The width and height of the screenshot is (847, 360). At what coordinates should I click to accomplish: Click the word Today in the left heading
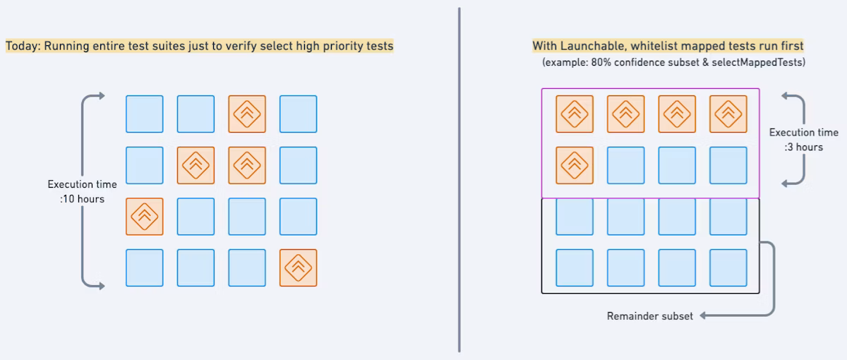tap(22, 46)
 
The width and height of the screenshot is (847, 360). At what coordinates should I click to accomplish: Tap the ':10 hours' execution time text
tap(83, 199)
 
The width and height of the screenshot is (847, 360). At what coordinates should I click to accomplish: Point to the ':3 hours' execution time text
tap(803, 147)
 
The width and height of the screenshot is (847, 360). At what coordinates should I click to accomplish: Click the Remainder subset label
tap(649, 316)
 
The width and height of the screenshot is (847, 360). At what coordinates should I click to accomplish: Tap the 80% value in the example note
tap(613, 62)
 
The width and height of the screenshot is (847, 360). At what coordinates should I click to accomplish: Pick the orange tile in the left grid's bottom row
tap(298, 268)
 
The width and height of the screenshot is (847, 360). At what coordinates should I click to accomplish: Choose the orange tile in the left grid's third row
tap(145, 217)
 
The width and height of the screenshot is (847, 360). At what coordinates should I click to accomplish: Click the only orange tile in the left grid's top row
tap(247, 114)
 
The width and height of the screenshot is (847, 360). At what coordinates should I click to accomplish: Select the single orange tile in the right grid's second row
tap(575, 165)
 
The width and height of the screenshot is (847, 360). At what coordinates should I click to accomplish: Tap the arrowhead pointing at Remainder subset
tap(704, 316)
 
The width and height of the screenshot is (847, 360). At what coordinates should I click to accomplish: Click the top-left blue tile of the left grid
tap(145, 114)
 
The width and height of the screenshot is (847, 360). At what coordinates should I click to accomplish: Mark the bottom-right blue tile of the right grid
tap(728, 268)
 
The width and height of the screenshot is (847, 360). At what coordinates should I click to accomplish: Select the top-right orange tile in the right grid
tap(728, 114)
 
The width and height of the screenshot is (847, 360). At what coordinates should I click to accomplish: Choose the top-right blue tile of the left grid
tap(298, 114)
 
